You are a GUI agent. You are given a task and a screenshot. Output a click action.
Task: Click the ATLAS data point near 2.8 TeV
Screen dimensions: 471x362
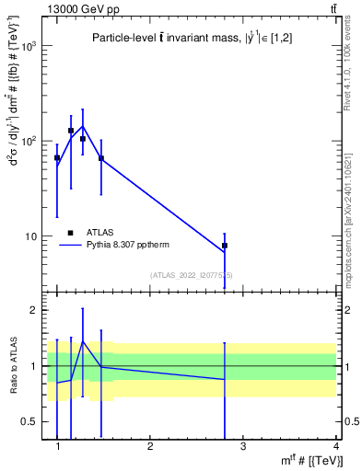click(x=225, y=246)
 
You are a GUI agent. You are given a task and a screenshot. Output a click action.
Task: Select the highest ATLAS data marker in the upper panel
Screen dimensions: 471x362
click(x=71, y=131)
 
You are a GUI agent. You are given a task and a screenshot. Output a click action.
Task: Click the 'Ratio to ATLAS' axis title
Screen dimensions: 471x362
click(x=12, y=365)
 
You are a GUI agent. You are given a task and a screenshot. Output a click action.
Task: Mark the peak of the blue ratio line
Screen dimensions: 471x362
click(x=83, y=341)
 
